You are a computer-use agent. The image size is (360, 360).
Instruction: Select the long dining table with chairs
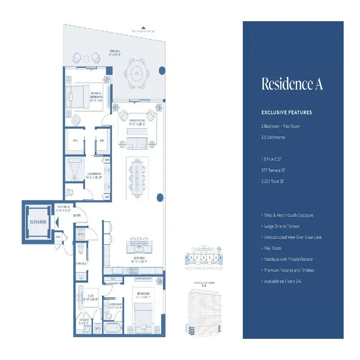coord(136,174)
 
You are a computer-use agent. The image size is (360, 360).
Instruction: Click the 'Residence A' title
coord(292,84)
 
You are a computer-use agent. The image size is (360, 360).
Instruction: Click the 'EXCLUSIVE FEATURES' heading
coord(287,112)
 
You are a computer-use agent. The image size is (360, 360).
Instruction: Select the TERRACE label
coord(116,52)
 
